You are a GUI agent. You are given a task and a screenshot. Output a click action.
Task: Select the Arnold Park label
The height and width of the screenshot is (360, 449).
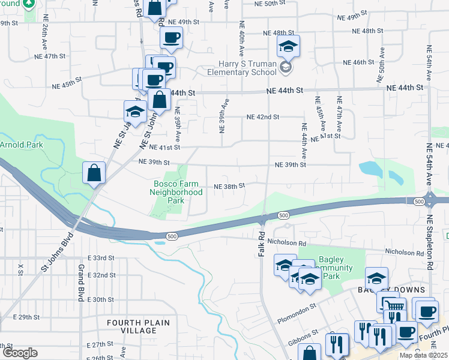pyautogui.click(x=22, y=145)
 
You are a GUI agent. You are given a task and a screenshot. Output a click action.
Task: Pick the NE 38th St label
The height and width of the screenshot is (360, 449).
pyautogui.click(x=229, y=186)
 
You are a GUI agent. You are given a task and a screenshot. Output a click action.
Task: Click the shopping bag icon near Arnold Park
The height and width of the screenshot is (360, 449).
pyautogui.click(x=94, y=173)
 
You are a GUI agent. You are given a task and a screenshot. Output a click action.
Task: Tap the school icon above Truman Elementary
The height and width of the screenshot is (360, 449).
pyautogui.click(x=288, y=46)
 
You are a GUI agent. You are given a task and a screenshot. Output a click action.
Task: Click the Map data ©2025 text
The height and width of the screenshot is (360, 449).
pyautogui.click(x=423, y=355)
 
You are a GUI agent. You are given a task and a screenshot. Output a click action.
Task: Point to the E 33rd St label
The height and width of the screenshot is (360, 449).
pyautogui.click(x=100, y=257)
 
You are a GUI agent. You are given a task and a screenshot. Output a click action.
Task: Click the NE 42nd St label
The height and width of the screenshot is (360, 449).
pyautogui.click(x=263, y=118)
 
